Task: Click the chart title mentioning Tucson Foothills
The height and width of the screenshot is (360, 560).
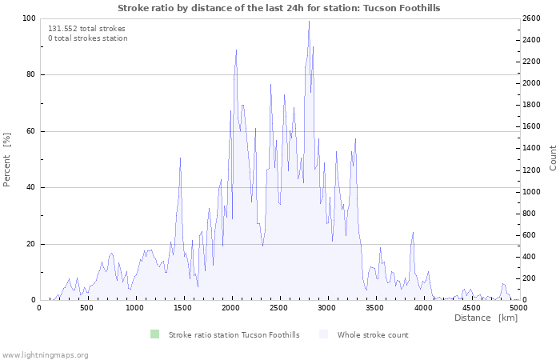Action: tap(279, 8)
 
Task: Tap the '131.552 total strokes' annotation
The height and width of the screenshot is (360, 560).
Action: tap(86, 29)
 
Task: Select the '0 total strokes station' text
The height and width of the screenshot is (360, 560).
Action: tap(88, 38)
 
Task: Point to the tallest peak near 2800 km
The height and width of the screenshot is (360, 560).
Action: tap(309, 21)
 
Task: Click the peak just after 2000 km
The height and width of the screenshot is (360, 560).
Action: tap(236, 50)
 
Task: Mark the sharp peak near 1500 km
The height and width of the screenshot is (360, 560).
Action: tap(180, 158)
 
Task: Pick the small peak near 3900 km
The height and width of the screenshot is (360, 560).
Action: tap(413, 233)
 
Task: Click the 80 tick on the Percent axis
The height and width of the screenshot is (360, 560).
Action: tap(30, 74)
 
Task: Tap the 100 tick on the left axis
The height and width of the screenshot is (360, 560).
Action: tap(29, 18)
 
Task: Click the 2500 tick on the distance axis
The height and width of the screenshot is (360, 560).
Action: tap(279, 308)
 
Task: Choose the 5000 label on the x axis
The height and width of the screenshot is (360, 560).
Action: tap(518, 308)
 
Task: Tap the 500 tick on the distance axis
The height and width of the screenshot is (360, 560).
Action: tap(87, 308)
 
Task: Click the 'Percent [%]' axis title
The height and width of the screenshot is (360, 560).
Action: tap(6, 160)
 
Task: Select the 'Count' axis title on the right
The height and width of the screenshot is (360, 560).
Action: tap(553, 158)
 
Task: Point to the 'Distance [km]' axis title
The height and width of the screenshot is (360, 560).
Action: tap(486, 318)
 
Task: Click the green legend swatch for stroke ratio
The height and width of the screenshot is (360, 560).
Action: tap(154, 334)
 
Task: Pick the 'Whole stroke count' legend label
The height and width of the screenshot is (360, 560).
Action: tap(373, 335)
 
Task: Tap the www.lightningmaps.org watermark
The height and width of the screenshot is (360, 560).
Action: tap(44, 355)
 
